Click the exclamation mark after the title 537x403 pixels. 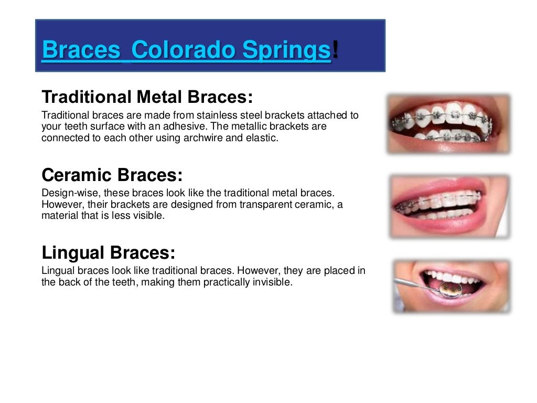335,50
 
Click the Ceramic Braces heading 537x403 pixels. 112,174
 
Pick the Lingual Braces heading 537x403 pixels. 108,252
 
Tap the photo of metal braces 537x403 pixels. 449,123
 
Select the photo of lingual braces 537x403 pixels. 451,286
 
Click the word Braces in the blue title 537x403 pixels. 81,50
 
